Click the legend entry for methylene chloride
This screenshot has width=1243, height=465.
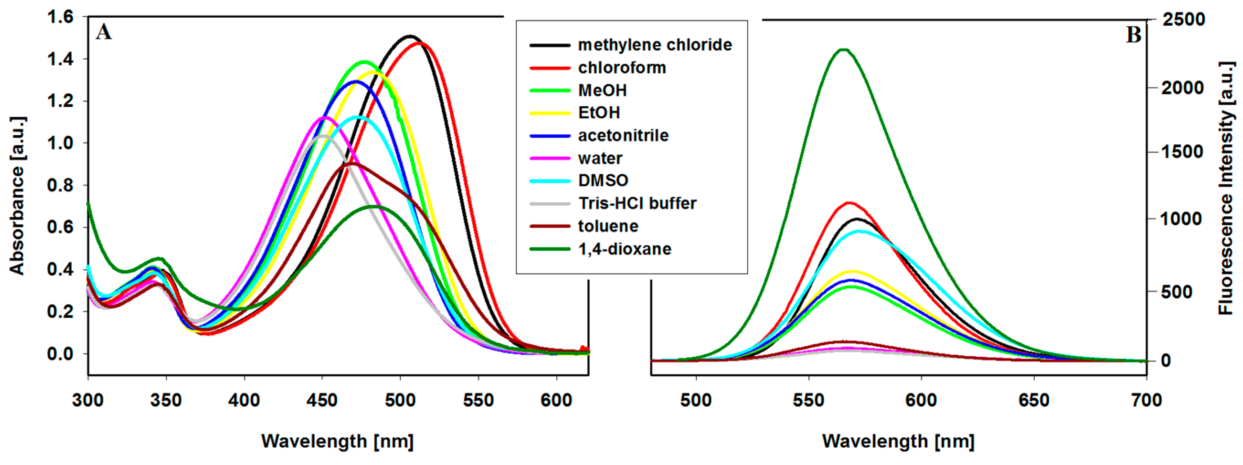point(655,45)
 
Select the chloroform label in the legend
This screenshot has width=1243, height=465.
point(622,68)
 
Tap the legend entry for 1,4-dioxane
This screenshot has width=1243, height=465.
point(625,249)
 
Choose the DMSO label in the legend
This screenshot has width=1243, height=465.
point(603,180)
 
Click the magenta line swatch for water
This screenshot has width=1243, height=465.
point(550,158)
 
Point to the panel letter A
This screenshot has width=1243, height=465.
point(104,32)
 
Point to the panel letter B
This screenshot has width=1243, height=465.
point(1134,35)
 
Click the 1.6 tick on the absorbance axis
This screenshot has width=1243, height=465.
point(60,17)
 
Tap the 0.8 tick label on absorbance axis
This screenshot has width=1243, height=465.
point(60,185)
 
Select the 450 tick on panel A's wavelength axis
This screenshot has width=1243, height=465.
point(322,400)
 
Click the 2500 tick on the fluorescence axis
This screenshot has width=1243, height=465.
point(1184,20)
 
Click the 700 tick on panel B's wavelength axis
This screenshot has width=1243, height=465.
point(1146,400)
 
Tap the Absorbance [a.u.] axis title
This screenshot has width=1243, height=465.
point(17,195)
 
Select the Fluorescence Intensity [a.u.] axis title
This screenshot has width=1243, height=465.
point(1226,188)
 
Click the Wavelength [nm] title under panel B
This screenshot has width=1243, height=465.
point(898,441)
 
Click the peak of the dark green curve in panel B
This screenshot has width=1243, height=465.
point(843,49)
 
